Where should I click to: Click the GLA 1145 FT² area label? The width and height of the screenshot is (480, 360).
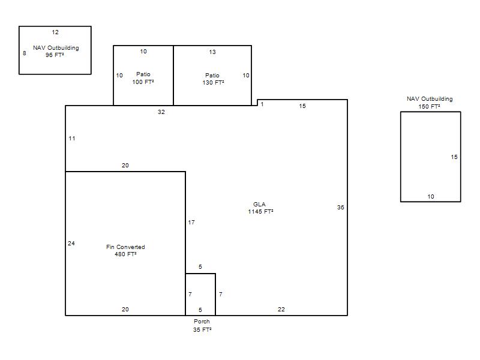click(x=260, y=208)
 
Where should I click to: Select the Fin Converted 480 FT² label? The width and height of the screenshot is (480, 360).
click(x=125, y=250)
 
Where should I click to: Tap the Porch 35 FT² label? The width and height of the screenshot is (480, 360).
click(x=202, y=325)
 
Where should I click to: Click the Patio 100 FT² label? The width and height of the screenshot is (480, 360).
click(x=143, y=78)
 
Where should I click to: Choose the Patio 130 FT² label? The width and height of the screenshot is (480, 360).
click(x=213, y=79)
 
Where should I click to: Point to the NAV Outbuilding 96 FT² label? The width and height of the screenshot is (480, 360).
click(x=56, y=52)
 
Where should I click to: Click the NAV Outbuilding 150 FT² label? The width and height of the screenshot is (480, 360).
click(x=430, y=103)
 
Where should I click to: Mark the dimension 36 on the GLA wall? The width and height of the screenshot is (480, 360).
click(x=340, y=207)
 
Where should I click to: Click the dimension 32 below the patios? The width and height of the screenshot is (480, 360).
click(x=161, y=112)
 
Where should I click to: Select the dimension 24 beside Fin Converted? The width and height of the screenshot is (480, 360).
click(x=71, y=244)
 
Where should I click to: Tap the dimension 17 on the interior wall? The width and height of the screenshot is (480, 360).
click(x=191, y=223)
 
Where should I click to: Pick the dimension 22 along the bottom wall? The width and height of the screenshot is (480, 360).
click(x=281, y=310)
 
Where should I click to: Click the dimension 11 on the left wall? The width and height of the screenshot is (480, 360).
click(x=72, y=139)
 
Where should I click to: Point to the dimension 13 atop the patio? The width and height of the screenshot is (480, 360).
click(x=212, y=52)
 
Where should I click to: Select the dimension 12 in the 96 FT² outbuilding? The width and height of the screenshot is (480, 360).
click(x=55, y=32)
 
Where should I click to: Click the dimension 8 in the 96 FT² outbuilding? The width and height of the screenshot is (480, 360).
click(x=25, y=53)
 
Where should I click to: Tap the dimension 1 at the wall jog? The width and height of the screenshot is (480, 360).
click(x=262, y=104)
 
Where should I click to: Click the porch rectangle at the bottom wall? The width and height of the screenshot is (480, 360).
click(x=200, y=274)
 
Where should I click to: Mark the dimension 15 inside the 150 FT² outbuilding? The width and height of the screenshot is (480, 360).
click(x=454, y=157)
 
